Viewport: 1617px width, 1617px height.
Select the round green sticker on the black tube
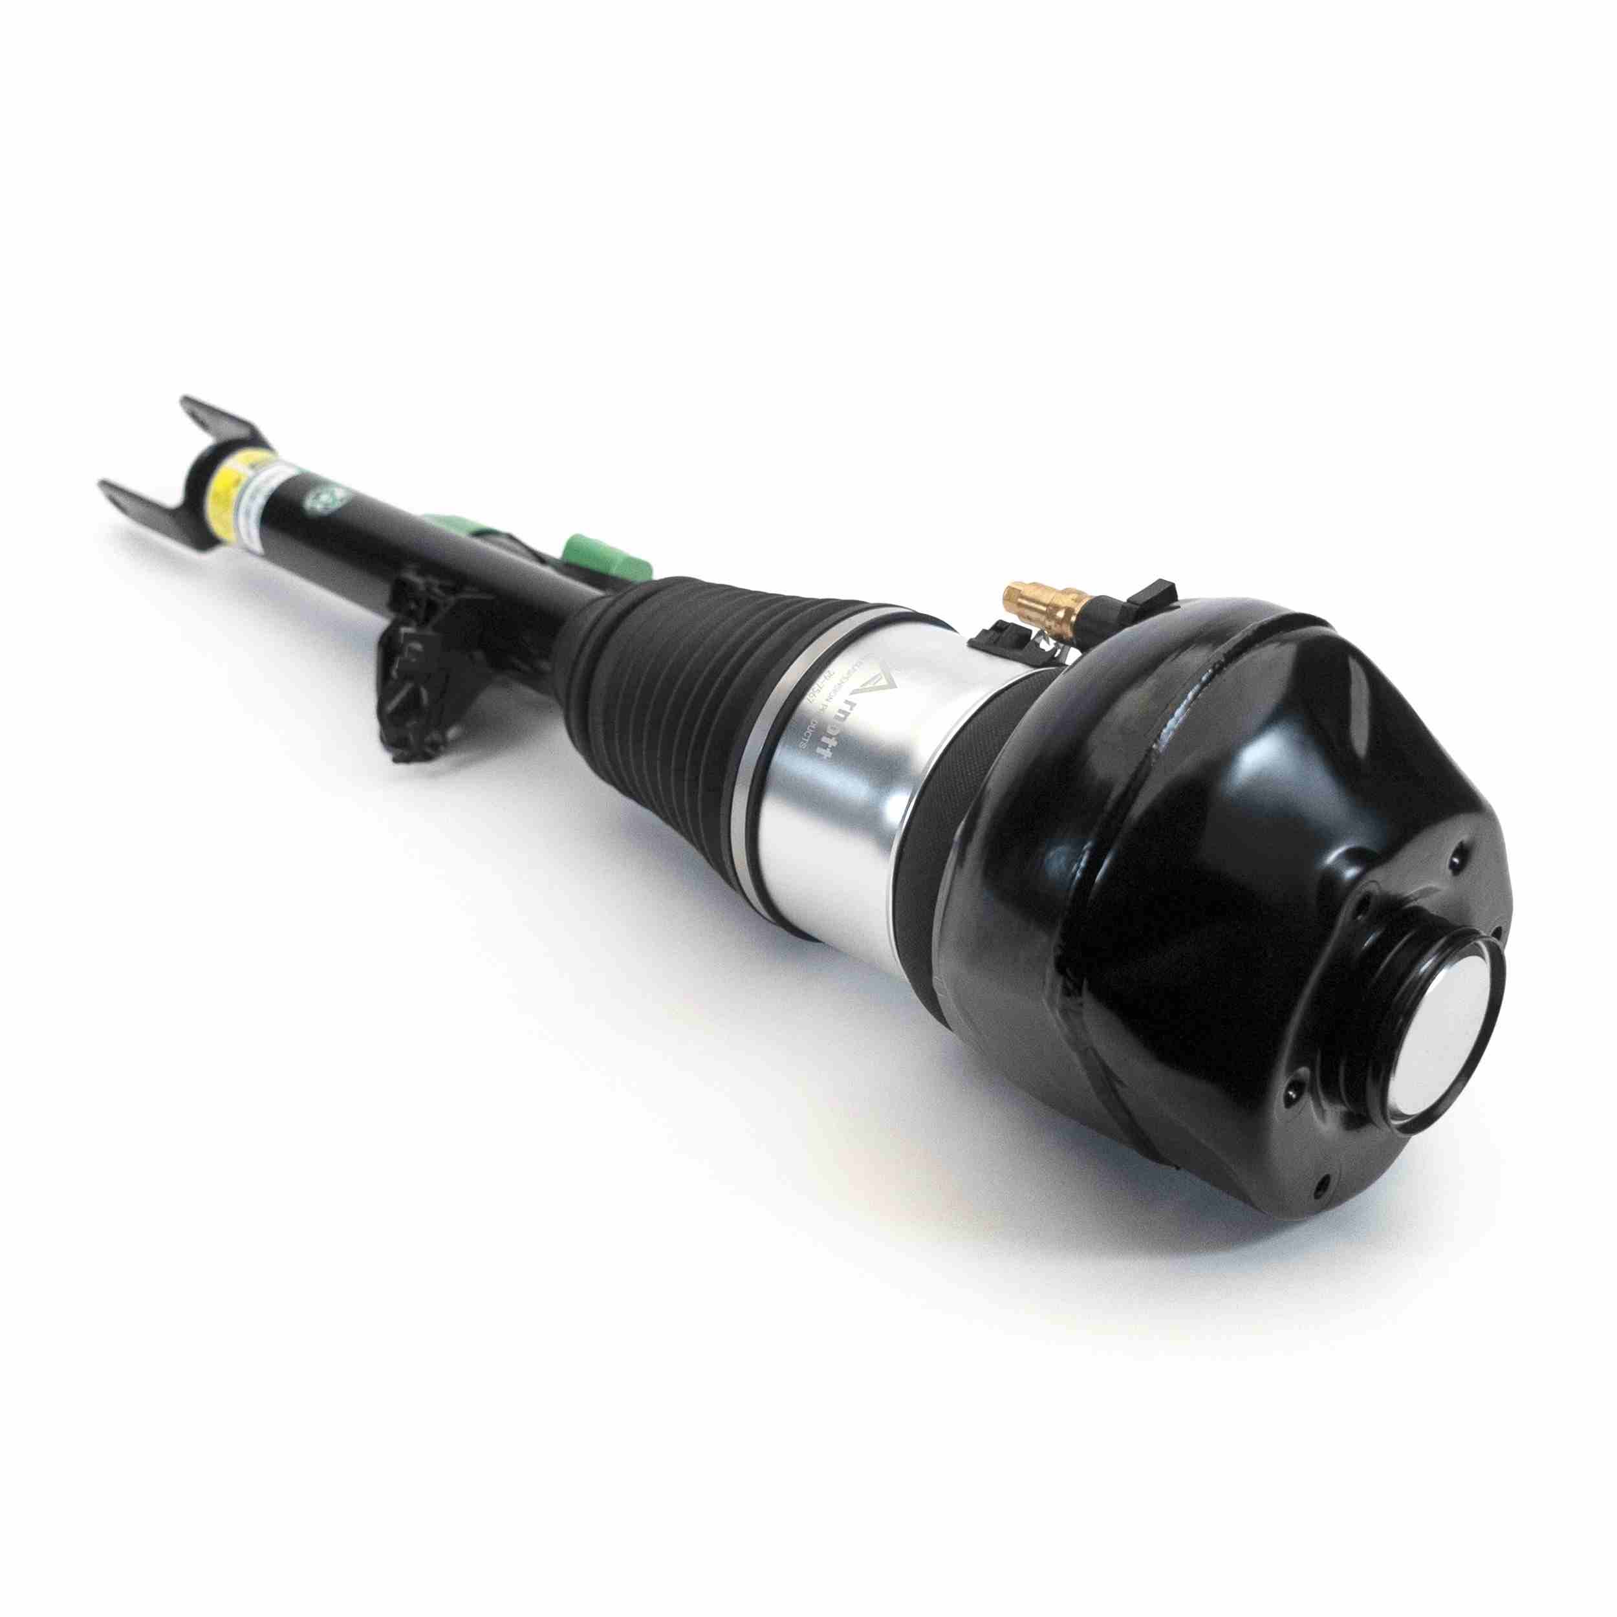(321, 500)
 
